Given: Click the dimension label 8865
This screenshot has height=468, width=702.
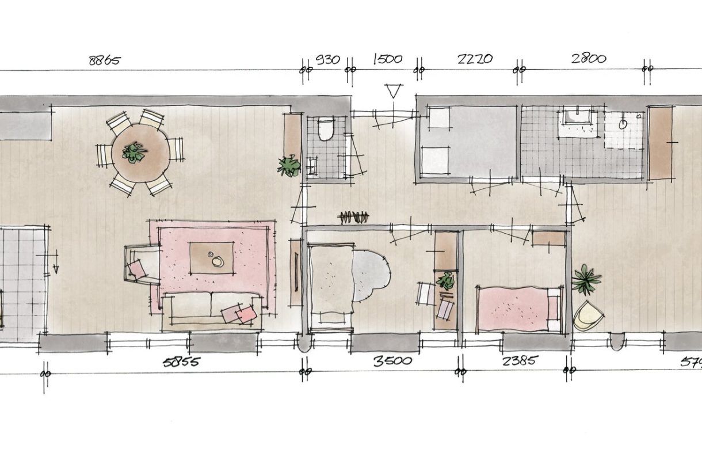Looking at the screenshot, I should (x=104, y=60).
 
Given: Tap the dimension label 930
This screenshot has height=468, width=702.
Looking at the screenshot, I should (x=328, y=60).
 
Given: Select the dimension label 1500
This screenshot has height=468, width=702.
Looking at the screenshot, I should (x=388, y=59).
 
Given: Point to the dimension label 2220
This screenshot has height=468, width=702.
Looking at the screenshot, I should (x=475, y=59).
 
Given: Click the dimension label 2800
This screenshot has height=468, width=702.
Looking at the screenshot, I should (x=588, y=59).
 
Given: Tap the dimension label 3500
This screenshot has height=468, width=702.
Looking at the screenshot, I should (x=392, y=362).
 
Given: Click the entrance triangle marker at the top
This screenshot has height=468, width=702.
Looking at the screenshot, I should (x=393, y=90).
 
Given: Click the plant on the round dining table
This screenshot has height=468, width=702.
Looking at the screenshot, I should (x=134, y=153).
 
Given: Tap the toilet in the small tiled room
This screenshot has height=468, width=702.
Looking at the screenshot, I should (x=325, y=129).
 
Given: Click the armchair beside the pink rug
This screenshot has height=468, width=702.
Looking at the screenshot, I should (x=140, y=264).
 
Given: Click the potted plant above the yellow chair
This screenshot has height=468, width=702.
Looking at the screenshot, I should (x=586, y=279).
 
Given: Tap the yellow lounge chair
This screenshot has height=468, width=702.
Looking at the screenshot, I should (x=588, y=316).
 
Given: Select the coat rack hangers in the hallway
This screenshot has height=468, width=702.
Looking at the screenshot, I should (x=353, y=218).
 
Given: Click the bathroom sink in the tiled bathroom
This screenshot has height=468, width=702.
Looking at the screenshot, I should (x=577, y=117).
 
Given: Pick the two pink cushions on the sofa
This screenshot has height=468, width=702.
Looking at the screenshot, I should (x=239, y=314).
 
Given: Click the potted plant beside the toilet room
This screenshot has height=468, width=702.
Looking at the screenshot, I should (x=289, y=166).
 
